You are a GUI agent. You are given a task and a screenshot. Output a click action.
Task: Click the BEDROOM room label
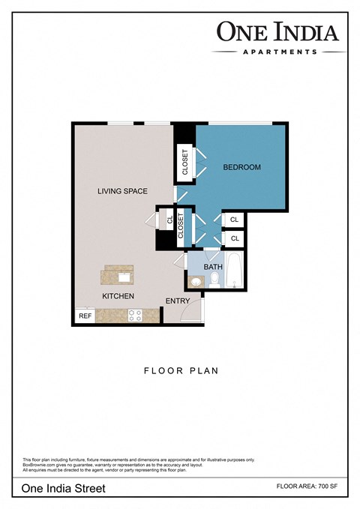242,167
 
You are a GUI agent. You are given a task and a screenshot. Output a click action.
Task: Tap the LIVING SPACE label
121,191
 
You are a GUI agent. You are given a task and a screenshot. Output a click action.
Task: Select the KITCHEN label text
118,296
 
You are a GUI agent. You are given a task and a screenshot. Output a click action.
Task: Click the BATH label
213,267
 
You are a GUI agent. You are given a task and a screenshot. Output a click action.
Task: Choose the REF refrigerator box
84,316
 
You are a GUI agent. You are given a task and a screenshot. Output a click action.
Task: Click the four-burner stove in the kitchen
136,316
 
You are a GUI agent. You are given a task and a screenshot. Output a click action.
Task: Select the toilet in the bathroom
214,280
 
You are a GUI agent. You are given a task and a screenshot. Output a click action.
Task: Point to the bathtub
235,271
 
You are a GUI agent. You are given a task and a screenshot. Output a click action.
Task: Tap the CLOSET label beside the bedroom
185,163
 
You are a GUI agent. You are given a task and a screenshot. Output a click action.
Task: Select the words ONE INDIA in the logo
278,31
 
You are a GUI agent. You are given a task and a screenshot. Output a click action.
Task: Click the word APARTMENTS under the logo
278,52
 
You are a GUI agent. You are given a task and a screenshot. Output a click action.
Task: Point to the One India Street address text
64,488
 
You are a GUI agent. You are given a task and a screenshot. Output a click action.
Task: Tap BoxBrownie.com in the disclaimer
39,465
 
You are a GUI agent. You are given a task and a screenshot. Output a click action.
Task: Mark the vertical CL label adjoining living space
170,220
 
